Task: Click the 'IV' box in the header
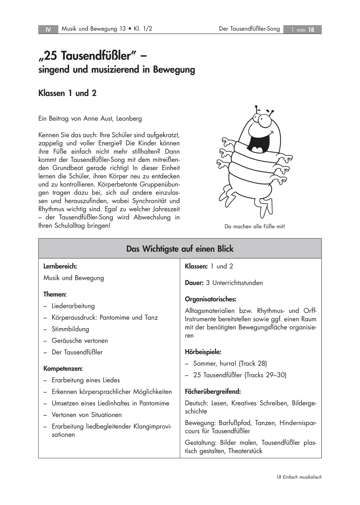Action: (x=48, y=29)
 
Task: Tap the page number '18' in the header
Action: (x=311, y=29)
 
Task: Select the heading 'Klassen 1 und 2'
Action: (x=67, y=93)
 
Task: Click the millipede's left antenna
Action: (x=255, y=110)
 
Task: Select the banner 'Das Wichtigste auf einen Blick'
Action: (x=180, y=249)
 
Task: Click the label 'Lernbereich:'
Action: (x=60, y=266)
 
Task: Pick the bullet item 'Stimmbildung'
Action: (x=70, y=329)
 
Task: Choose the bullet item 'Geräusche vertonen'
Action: (x=80, y=340)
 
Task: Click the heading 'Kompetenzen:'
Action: (x=63, y=368)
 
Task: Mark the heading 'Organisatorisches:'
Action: (x=211, y=299)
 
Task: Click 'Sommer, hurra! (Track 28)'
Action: (x=230, y=363)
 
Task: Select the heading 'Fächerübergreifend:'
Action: (x=213, y=391)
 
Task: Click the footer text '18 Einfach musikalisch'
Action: (x=299, y=477)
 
